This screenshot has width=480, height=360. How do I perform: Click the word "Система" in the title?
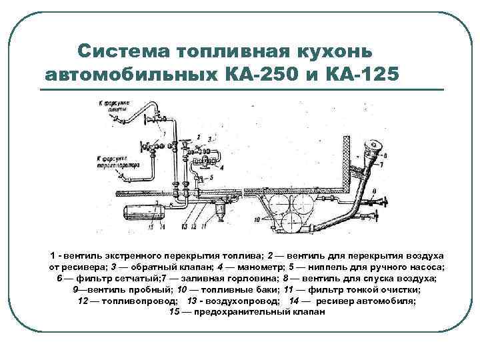point(121,51)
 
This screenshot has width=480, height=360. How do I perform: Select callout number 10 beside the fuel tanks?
point(256,219)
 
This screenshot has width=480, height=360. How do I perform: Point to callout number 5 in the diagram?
point(211,177)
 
